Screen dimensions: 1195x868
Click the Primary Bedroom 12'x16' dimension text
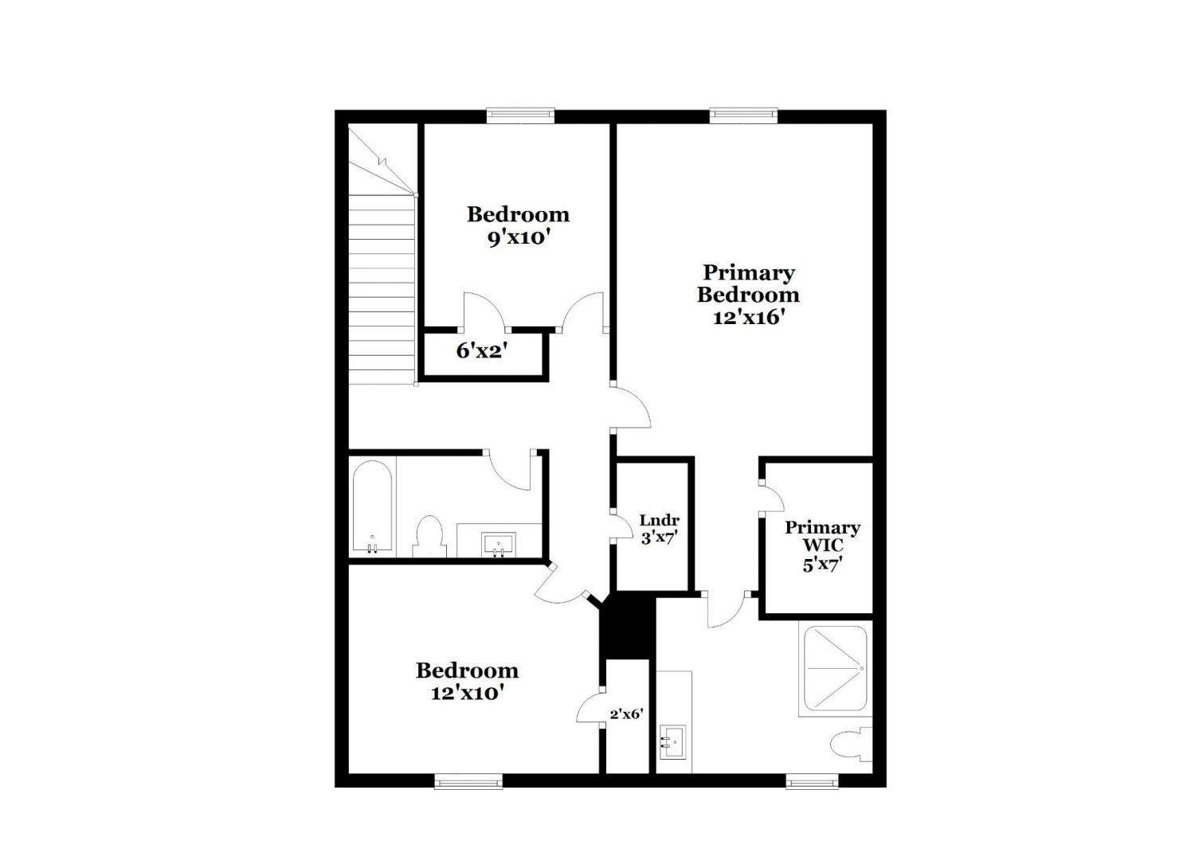[x=749, y=317]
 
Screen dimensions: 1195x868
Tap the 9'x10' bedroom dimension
[x=519, y=238]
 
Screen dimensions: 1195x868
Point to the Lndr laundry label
[x=660, y=519]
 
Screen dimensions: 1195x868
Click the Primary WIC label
[x=822, y=537]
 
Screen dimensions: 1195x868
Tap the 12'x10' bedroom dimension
[x=468, y=693]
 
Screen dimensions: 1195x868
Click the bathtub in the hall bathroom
[x=372, y=506]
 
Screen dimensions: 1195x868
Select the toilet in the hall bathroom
[x=430, y=537]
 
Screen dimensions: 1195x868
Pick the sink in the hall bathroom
[x=499, y=545]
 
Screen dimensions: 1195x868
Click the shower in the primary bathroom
[x=836, y=669]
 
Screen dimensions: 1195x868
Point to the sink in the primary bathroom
[x=674, y=741]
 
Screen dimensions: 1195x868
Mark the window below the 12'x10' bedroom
[x=468, y=783]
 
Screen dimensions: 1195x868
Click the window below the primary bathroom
[x=812, y=783]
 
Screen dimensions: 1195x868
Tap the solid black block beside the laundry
[x=628, y=627]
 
